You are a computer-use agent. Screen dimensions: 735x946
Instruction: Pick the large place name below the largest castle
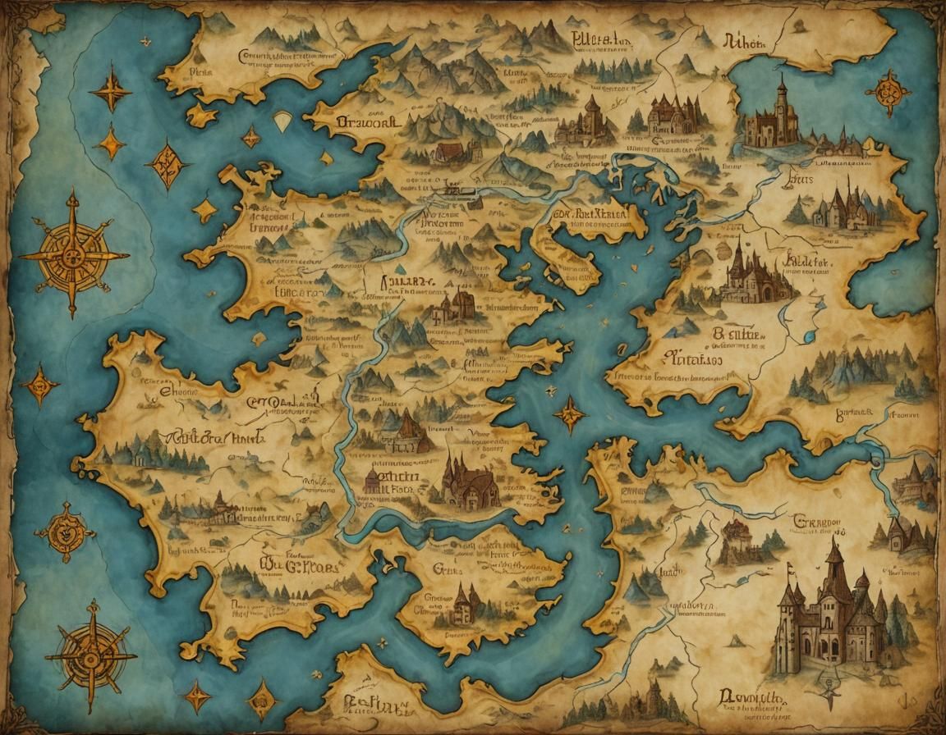[751, 696]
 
